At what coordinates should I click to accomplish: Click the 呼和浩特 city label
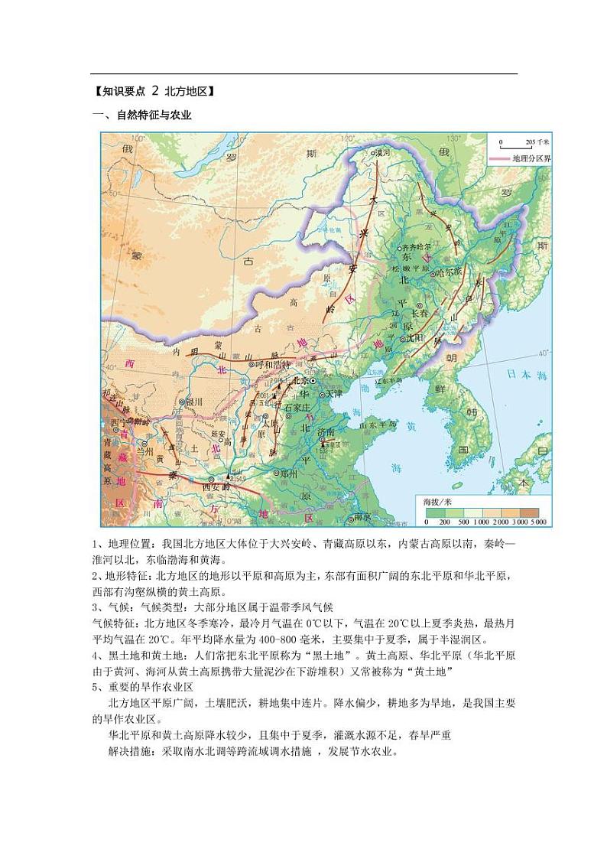tap(274, 364)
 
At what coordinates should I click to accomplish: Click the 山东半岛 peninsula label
tap(379, 423)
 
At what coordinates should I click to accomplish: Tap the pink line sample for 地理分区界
tap(500, 157)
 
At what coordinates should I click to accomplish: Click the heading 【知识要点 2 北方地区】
tap(152, 91)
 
